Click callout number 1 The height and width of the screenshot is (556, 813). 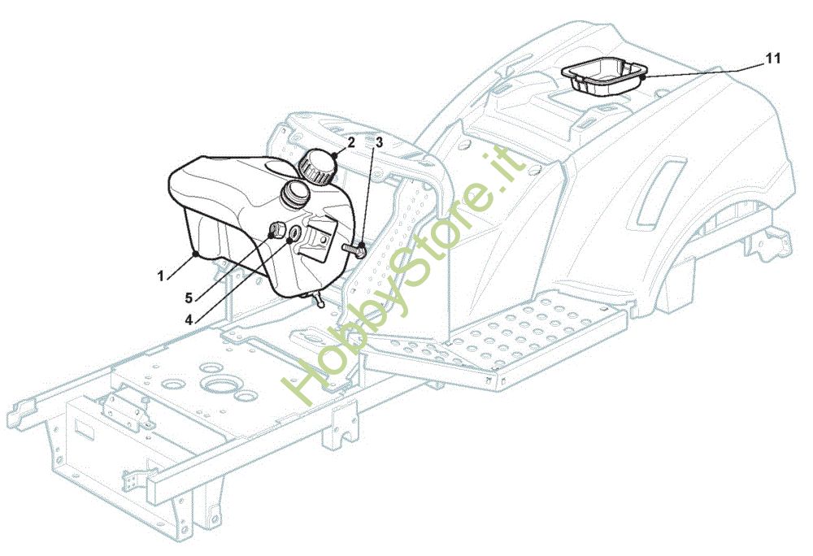[161, 276]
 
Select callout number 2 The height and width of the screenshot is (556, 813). [351, 141]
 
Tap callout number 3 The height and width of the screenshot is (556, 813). [379, 141]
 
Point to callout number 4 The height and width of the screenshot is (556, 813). [189, 319]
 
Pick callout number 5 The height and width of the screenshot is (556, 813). [189, 298]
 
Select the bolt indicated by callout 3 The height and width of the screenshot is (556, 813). [354, 248]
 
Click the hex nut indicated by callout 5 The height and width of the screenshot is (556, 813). [275, 230]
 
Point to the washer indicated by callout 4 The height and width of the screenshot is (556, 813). [293, 237]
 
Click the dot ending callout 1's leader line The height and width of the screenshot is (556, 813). [196, 254]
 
